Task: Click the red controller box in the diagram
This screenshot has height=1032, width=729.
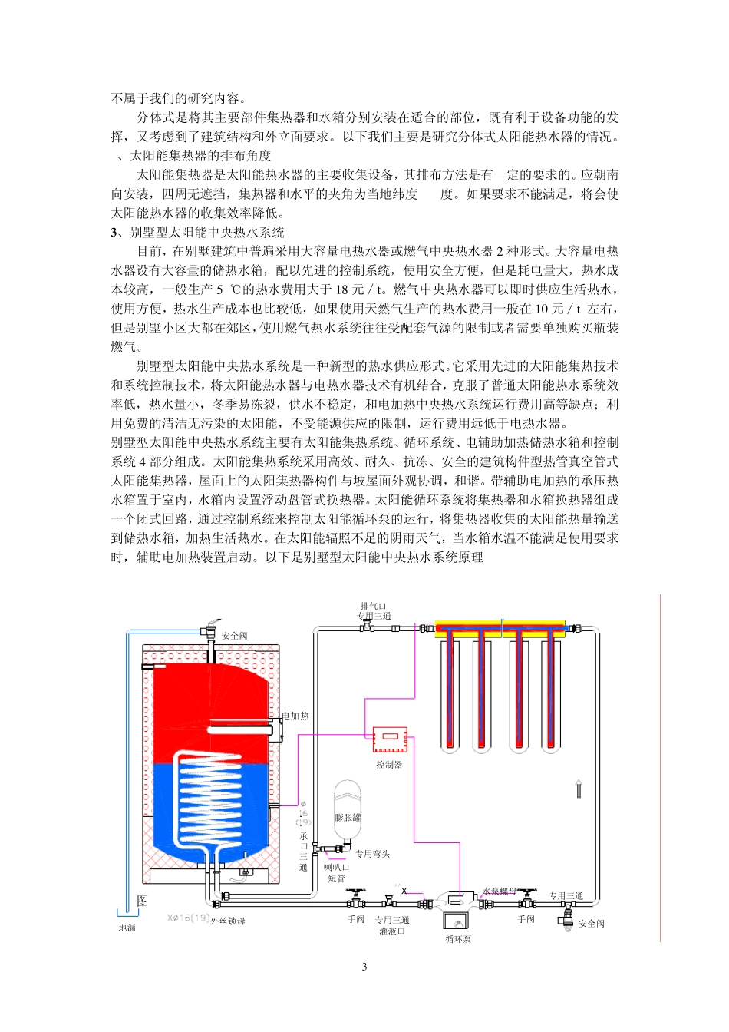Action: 389,739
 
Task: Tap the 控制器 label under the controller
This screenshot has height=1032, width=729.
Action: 389,765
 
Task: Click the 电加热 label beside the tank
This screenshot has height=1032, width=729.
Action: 295,716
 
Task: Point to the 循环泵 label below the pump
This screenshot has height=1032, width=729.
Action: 458,939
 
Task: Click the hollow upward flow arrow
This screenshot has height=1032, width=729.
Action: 579,789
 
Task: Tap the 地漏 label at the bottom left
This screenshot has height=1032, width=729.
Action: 127,928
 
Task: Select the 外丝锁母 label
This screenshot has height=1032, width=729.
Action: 229,921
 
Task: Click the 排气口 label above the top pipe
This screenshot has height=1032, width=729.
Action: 374,606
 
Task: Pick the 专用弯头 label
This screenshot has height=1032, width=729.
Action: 373,854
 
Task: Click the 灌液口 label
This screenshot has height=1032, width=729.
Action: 392,931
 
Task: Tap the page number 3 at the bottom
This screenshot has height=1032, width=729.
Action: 364,967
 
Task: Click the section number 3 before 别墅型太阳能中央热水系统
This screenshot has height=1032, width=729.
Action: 114,232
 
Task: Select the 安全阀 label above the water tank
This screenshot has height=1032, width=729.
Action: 235,636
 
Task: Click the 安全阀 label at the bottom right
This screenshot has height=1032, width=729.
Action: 592,924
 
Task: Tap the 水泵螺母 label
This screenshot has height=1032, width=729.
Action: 499,891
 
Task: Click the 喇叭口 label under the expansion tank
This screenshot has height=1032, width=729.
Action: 337,868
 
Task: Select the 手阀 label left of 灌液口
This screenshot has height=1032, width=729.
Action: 356,919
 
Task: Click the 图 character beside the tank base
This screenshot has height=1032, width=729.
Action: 143,901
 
